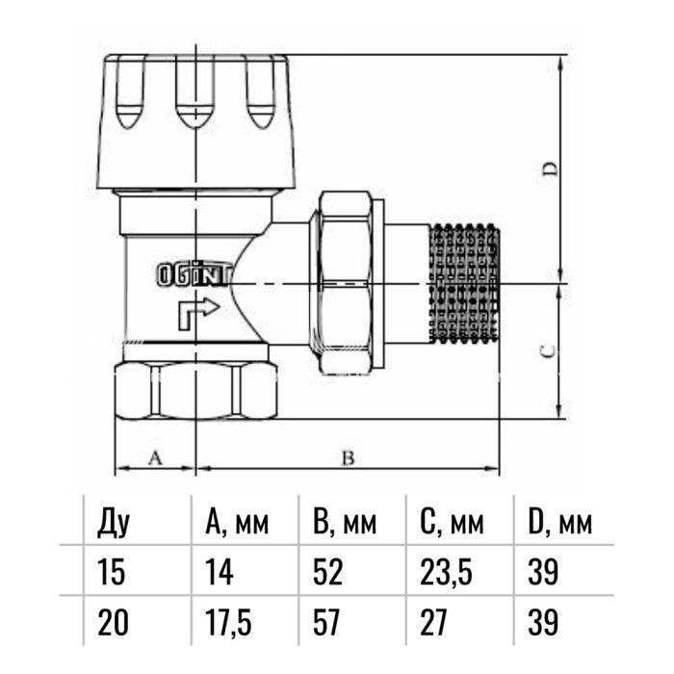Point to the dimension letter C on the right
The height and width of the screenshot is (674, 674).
pos(546,352)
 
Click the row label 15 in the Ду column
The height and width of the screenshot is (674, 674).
pos(112,573)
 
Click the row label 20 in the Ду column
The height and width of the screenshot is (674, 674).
pos(113,623)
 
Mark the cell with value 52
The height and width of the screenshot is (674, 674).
pos(328,573)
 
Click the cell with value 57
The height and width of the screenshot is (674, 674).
pos(328,623)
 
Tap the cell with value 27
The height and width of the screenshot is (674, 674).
pos(434,623)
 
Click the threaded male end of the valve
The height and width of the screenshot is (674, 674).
pos(466,284)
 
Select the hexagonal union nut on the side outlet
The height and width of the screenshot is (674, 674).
pos(345,284)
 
